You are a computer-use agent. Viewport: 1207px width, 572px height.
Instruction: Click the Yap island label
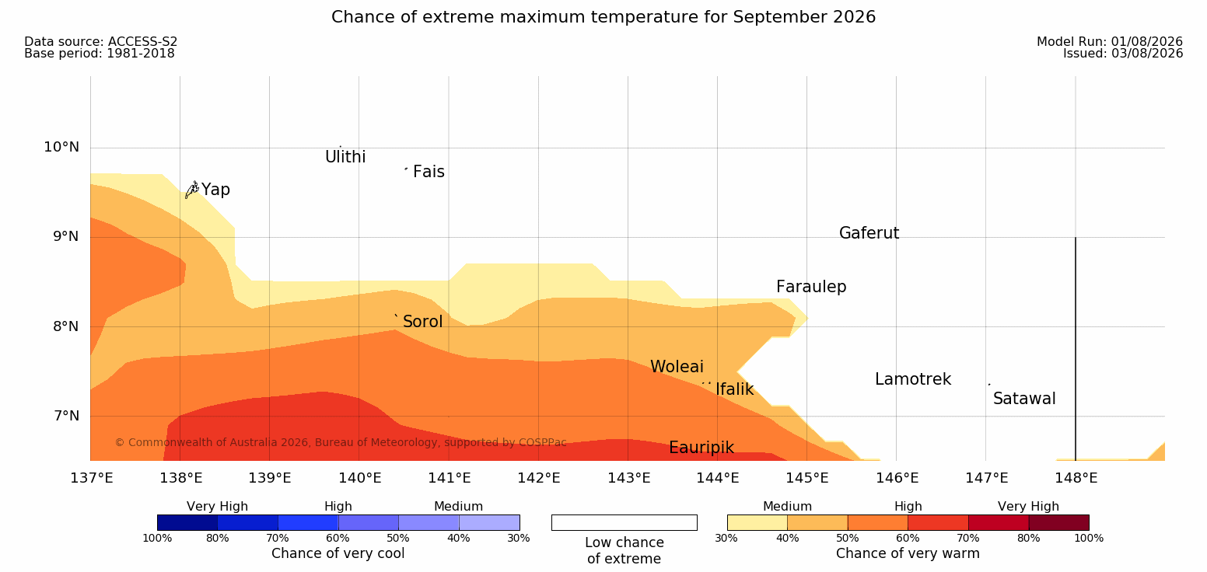click(x=215, y=190)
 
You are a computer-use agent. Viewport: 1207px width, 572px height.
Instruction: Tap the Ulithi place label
click(x=345, y=157)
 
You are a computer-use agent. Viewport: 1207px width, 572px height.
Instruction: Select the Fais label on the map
click(x=429, y=172)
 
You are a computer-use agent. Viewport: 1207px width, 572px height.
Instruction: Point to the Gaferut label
click(x=869, y=233)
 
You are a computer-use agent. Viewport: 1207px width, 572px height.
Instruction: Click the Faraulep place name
click(x=811, y=287)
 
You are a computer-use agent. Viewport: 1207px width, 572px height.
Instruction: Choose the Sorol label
click(x=422, y=322)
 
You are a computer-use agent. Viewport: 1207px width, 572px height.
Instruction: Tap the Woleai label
click(x=677, y=367)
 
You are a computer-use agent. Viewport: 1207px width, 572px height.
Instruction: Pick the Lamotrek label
click(x=913, y=379)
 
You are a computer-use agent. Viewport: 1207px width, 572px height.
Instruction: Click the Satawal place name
click(x=1024, y=399)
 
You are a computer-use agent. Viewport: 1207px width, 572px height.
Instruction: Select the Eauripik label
click(x=701, y=448)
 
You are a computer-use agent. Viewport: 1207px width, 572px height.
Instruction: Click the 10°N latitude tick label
click(x=61, y=147)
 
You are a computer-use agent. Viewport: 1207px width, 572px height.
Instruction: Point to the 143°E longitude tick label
click(x=628, y=478)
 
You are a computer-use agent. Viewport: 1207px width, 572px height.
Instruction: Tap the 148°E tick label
click(x=1076, y=478)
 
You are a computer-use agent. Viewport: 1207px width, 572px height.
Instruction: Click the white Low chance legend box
click(x=624, y=522)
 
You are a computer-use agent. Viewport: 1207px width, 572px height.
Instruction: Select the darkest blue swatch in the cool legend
click(x=187, y=522)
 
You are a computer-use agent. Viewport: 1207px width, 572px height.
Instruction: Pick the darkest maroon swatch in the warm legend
click(x=1058, y=522)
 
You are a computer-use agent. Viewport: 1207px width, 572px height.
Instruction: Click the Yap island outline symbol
click(x=192, y=190)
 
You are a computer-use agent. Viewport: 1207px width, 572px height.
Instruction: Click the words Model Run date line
click(x=1110, y=41)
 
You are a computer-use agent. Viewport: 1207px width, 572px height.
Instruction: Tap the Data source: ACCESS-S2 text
click(x=101, y=41)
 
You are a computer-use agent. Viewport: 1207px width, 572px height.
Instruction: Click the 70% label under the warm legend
click(x=967, y=538)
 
